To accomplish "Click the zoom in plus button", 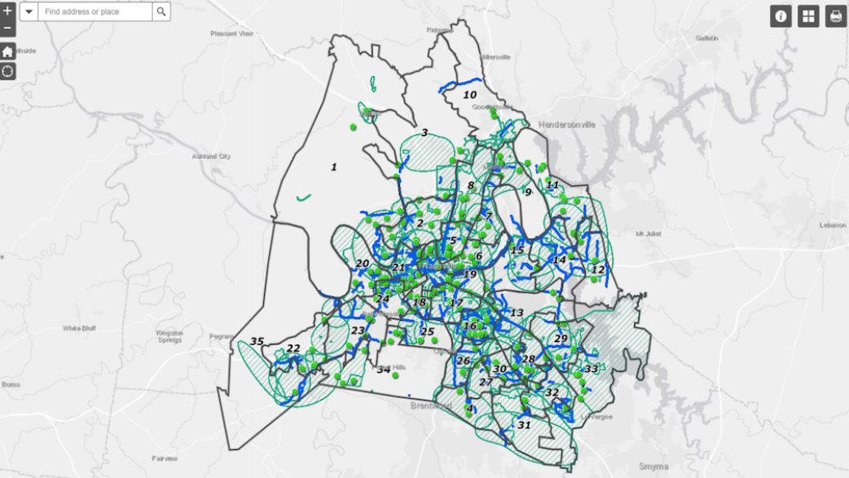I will pyautogui.click(x=8, y=11).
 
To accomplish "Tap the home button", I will pyautogui.click(x=8, y=51).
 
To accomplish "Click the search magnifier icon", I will pyautogui.click(x=161, y=12).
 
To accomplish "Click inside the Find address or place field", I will pyautogui.click(x=95, y=12).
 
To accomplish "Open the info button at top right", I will pyautogui.click(x=781, y=16).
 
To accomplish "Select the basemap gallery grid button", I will pyautogui.click(x=808, y=16).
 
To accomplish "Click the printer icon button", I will pyautogui.click(x=835, y=16).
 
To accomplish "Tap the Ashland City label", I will pyautogui.click(x=212, y=156).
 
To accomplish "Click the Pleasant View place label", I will pyautogui.click(x=233, y=33).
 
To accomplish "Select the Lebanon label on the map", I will pyautogui.click(x=833, y=225).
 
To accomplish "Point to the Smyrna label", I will pyautogui.click(x=655, y=466).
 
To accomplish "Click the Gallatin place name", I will pyautogui.click(x=706, y=38).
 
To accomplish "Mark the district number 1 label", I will pyautogui.click(x=334, y=167).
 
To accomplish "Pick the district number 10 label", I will pyautogui.click(x=469, y=95).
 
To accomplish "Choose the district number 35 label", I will pyautogui.click(x=256, y=342).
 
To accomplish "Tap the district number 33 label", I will pyautogui.click(x=591, y=368).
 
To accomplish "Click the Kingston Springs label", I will pyautogui.click(x=169, y=336).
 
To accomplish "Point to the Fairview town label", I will pyautogui.click(x=165, y=458).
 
